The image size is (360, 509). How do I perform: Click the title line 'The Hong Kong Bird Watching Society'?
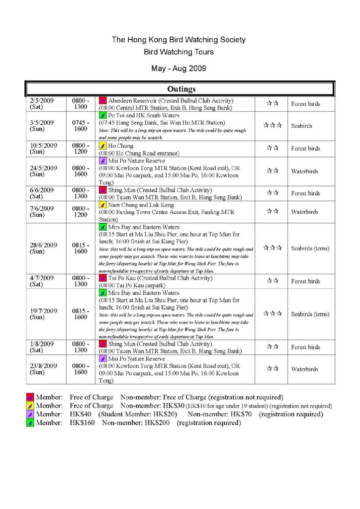(179, 40)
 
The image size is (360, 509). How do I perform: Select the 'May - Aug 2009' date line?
(179, 68)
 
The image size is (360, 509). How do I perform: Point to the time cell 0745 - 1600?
(81, 126)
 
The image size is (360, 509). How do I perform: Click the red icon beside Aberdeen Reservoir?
(102, 100)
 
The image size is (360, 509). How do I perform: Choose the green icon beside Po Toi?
(102, 115)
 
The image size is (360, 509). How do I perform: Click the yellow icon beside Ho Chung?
(102, 146)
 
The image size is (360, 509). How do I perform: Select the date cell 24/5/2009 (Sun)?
(43, 171)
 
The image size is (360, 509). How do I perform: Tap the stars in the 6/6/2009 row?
(272, 193)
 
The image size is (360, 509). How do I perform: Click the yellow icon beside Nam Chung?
(102, 205)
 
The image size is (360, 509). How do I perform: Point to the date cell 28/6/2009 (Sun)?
(43, 248)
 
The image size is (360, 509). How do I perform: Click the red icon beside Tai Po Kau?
(102, 278)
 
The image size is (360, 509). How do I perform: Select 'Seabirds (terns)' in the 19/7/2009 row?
(310, 314)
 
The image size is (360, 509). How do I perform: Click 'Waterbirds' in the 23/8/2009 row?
(305, 369)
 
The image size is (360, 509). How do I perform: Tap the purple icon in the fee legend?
(30, 414)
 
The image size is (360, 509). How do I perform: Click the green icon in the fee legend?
(30, 423)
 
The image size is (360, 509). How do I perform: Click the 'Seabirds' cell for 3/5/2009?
(301, 126)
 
